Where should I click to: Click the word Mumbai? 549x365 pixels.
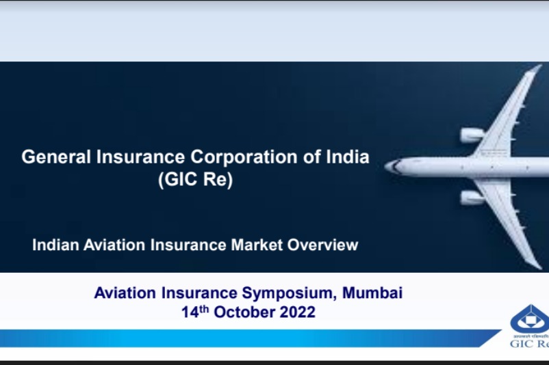(372, 293)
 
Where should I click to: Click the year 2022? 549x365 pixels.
(298, 312)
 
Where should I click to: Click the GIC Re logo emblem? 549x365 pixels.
(531, 318)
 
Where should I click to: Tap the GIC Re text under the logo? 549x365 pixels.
(530, 344)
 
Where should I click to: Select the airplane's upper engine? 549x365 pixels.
(472, 135)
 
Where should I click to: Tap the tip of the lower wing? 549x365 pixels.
(535, 265)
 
